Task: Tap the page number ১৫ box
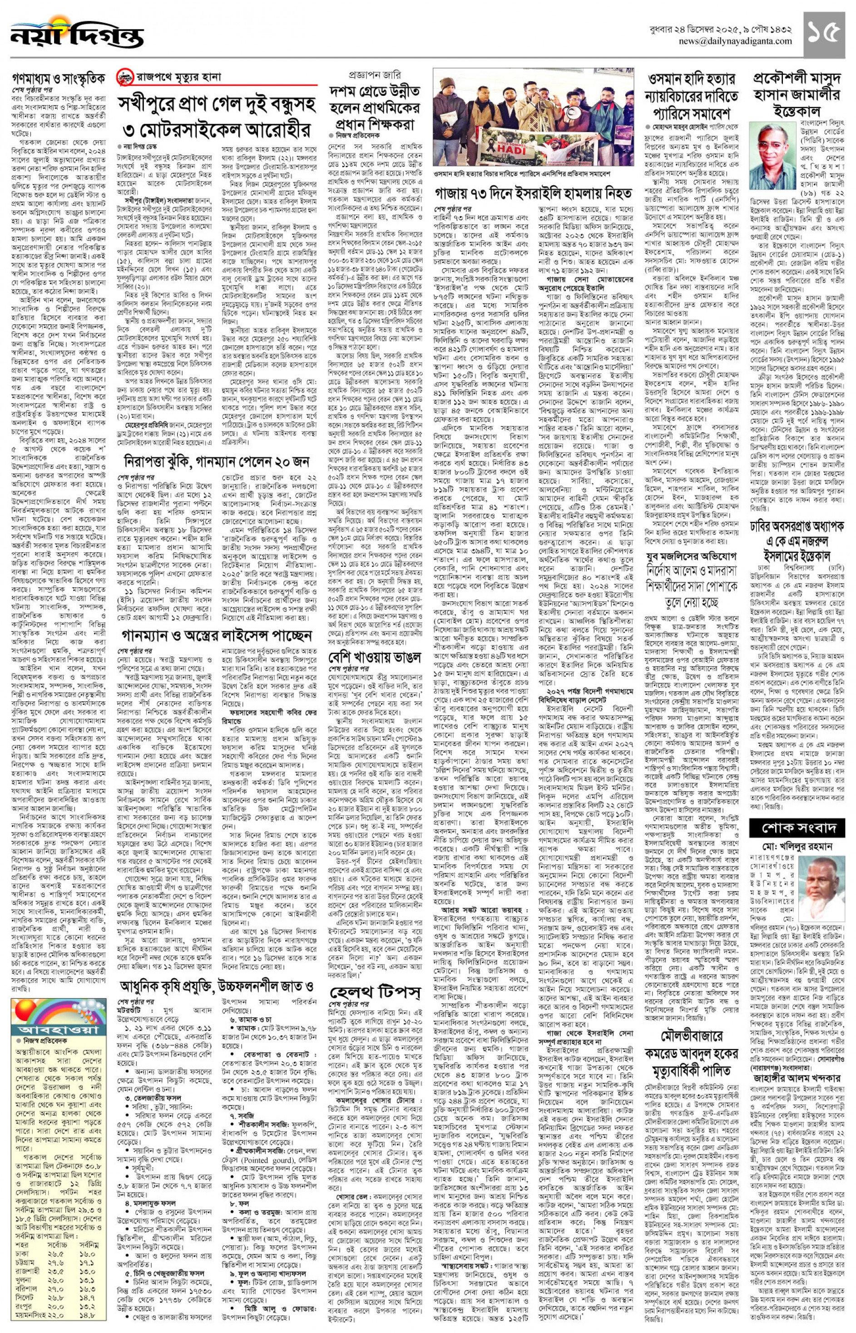(823, 33)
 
